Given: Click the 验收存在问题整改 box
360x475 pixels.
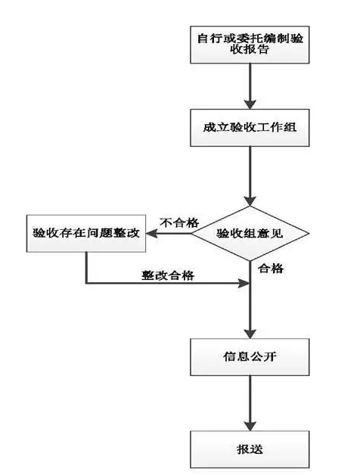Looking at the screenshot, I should tap(86, 234).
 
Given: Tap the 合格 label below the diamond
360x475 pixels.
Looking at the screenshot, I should tap(271, 268).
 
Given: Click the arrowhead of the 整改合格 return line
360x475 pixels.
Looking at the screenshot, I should tap(243, 284).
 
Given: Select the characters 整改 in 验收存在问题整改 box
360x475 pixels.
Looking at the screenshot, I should tap(129, 234).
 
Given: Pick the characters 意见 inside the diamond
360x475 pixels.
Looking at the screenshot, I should tap(270, 234).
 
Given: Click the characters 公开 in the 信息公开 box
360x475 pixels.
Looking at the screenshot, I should tap(260, 355).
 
